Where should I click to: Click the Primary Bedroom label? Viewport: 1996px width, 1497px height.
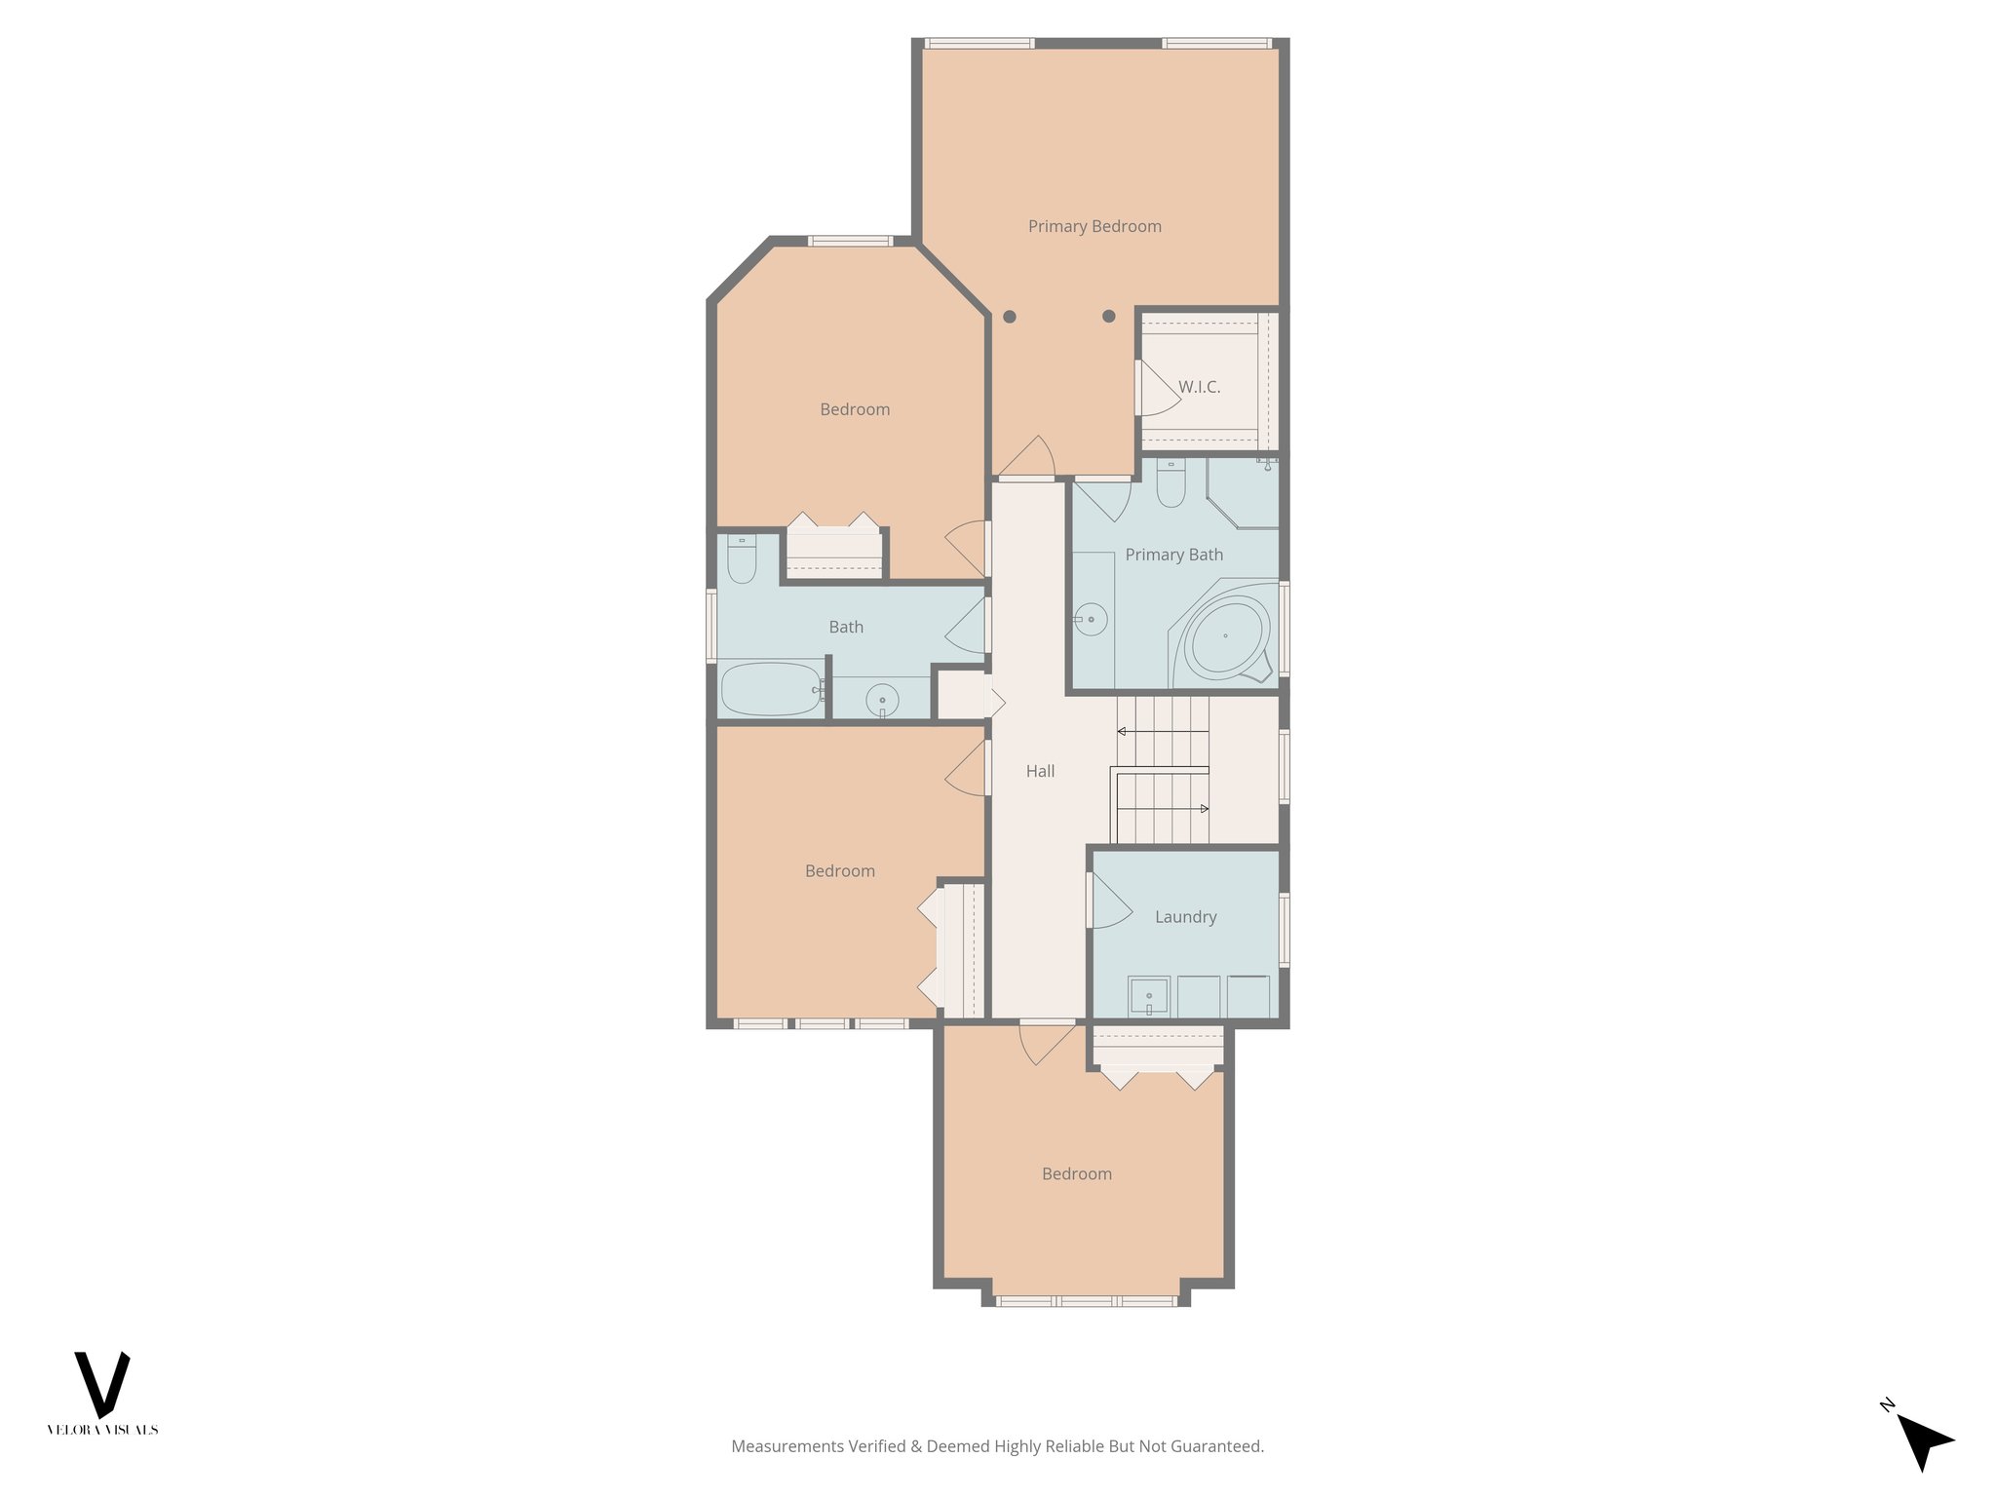pos(1094,226)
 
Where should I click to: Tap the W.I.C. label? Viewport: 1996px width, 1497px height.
pos(1199,387)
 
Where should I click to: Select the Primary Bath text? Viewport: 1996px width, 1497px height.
pos(1173,555)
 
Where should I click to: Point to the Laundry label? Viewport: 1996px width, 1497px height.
pos(1185,917)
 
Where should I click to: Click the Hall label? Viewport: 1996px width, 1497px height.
pos(1040,771)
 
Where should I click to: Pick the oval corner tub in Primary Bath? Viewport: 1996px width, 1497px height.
pos(1225,635)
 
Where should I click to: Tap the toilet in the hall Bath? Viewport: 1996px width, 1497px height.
pos(742,560)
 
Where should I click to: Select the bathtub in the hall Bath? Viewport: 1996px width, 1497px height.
pos(770,688)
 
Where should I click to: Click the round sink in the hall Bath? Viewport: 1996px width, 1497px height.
pos(882,700)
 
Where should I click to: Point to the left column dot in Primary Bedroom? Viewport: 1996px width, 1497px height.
pos(1010,317)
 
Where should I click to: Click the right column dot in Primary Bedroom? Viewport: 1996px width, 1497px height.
pos(1108,316)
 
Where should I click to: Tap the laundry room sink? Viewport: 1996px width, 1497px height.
pos(1149,996)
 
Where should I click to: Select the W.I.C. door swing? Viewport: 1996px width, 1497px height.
pos(1158,390)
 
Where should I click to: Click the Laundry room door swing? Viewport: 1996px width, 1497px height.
pos(1109,902)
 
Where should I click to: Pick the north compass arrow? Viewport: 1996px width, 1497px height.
pos(1924,1440)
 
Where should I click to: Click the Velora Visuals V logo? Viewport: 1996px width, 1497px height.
pos(102,1384)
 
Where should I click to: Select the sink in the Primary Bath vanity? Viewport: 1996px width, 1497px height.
pos(1091,620)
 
